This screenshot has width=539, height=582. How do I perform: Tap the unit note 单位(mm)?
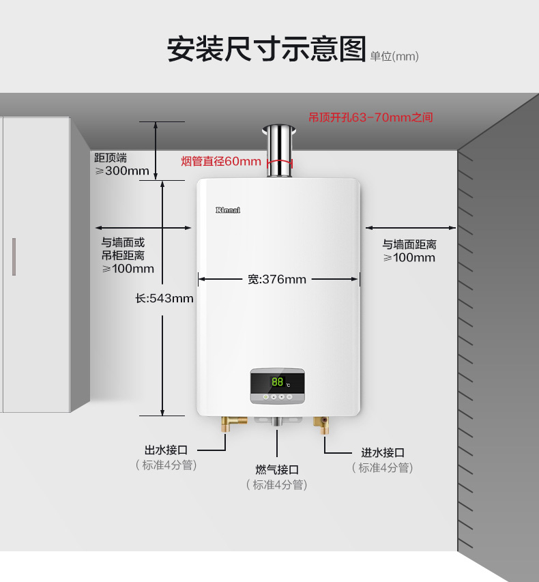(x=394, y=57)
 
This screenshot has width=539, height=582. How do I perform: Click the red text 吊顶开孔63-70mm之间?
(x=370, y=117)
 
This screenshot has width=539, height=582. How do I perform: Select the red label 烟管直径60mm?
(x=221, y=161)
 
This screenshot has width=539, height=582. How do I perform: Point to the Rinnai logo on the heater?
(x=228, y=209)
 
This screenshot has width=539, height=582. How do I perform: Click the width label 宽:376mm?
(x=277, y=279)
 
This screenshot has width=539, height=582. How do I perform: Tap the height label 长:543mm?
(x=164, y=298)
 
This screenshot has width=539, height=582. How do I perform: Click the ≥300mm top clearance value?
(x=122, y=171)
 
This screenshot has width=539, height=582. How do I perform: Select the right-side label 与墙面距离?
(x=409, y=244)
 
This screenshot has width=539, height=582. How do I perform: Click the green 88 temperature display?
(x=277, y=382)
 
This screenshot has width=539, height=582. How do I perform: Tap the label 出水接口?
(x=166, y=450)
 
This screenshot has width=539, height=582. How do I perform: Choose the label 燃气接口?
(x=277, y=469)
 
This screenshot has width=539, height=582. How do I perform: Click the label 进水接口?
(x=383, y=452)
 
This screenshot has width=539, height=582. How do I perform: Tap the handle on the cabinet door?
(x=14, y=256)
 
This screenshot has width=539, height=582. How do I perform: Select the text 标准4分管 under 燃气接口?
(x=277, y=485)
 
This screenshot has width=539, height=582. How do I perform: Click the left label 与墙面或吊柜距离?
(x=123, y=249)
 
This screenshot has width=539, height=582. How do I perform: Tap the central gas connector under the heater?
(x=277, y=422)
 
